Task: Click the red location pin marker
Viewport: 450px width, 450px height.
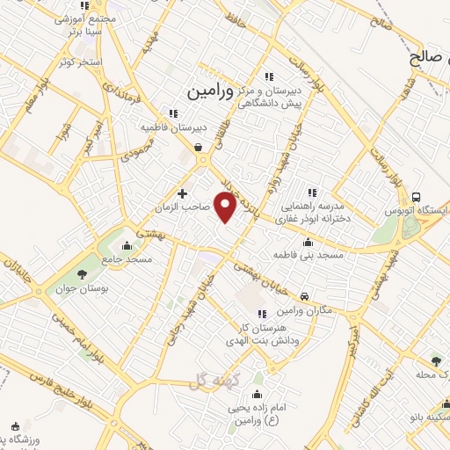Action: (226, 207)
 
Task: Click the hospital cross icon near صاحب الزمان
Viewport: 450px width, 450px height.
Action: (182, 193)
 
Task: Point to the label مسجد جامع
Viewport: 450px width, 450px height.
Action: (127, 259)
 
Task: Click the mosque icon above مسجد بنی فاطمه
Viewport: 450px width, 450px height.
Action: (307, 243)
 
